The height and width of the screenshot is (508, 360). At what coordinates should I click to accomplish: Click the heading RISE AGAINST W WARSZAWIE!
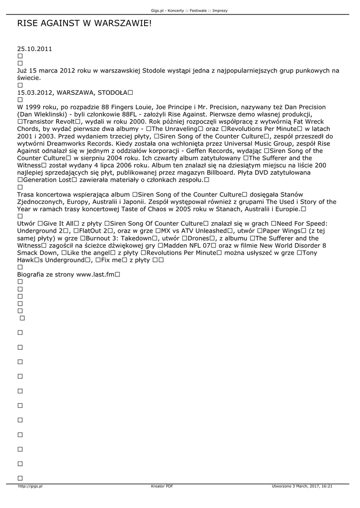[x=84, y=24]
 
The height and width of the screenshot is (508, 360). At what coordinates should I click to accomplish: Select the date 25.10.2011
[x=34, y=49]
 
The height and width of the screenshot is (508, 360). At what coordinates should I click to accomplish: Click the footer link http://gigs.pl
[x=30, y=487]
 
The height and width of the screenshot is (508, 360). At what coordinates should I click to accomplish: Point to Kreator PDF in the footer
[x=162, y=487]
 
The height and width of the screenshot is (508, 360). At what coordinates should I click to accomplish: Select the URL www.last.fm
[x=95, y=274]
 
